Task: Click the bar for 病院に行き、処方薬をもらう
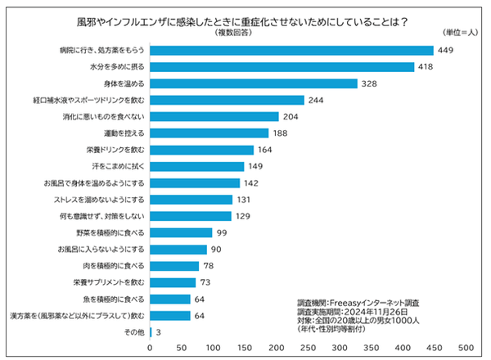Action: coord(292,50)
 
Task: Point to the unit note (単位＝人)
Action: coord(457,32)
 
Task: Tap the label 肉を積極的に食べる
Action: coord(117,266)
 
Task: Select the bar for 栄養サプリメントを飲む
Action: coord(173,282)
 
